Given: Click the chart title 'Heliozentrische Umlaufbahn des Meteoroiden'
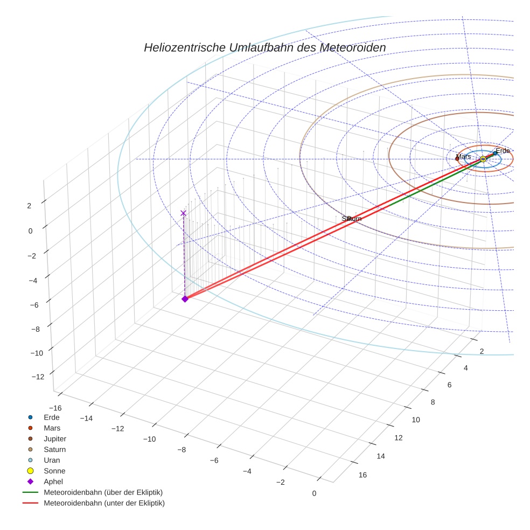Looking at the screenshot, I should tap(264, 48).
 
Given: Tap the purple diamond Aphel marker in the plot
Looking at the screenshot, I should tap(185, 299).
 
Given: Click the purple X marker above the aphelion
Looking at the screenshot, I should tap(183, 213).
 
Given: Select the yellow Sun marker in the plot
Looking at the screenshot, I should tap(483, 159).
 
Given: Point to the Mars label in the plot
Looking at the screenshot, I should tap(463, 157).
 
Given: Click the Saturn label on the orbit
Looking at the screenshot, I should tap(352, 219).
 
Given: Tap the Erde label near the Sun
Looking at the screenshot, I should tap(503, 151).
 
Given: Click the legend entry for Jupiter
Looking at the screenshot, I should tap(55, 439).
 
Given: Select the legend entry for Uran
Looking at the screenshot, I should tap(52, 461).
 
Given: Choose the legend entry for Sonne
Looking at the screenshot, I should tap(54, 471).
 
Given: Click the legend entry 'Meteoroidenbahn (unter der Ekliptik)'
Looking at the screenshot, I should tap(104, 504).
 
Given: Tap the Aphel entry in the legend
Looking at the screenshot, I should tap(53, 482).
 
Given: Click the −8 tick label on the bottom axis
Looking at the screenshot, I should tap(182, 450).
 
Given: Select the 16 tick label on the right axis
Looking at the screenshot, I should tap(362, 475).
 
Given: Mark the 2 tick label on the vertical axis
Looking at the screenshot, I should tap(29, 206).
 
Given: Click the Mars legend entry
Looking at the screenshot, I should tap(52, 428).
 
